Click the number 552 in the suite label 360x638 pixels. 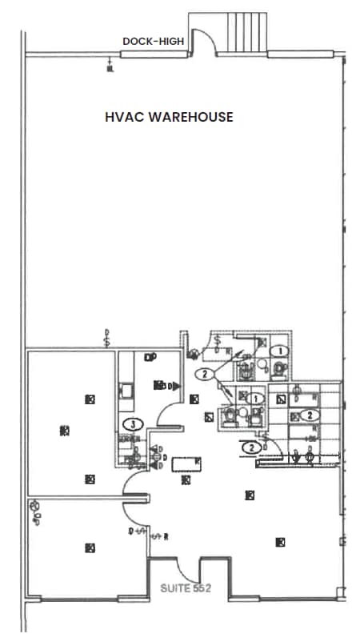201,588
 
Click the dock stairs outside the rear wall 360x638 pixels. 243,32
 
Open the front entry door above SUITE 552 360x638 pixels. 188,569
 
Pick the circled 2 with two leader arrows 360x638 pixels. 205,374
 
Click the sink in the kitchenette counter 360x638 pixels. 126,391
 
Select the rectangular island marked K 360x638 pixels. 186,463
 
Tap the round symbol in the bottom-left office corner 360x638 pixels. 34,506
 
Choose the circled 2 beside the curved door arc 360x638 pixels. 253,447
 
